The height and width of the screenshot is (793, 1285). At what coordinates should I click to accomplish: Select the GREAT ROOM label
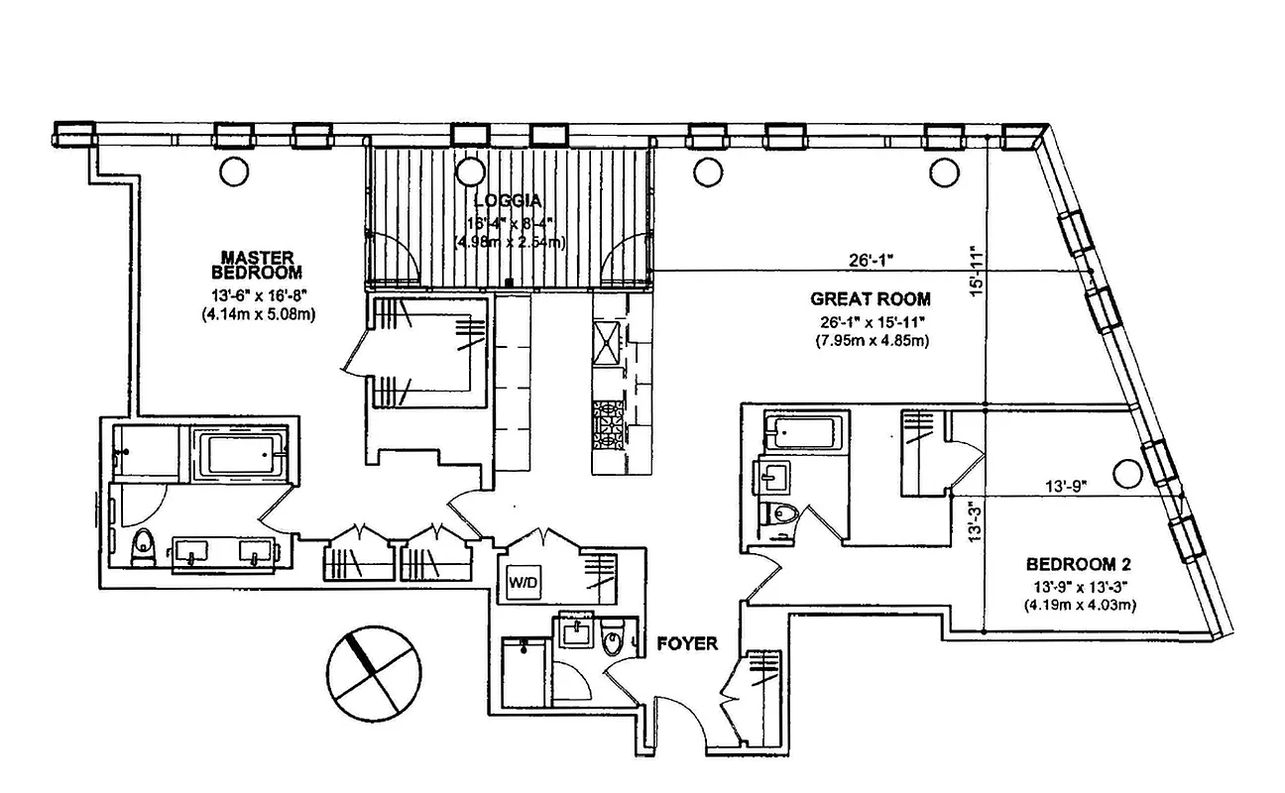(871, 298)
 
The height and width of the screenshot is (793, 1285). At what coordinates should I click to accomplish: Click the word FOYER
(687, 643)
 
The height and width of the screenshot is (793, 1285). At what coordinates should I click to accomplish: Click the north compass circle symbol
(374, 671)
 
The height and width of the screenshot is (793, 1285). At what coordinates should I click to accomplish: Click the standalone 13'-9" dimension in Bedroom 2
(1066, 487)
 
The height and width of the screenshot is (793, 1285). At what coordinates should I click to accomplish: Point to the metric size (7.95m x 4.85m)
(871, 341)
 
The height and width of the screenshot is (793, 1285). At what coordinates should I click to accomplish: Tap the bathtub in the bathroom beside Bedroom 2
(802, 432)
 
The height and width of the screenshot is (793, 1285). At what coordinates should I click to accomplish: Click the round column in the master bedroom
(234, 171)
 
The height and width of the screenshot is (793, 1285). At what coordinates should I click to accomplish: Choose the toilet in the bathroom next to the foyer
(612, 640)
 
